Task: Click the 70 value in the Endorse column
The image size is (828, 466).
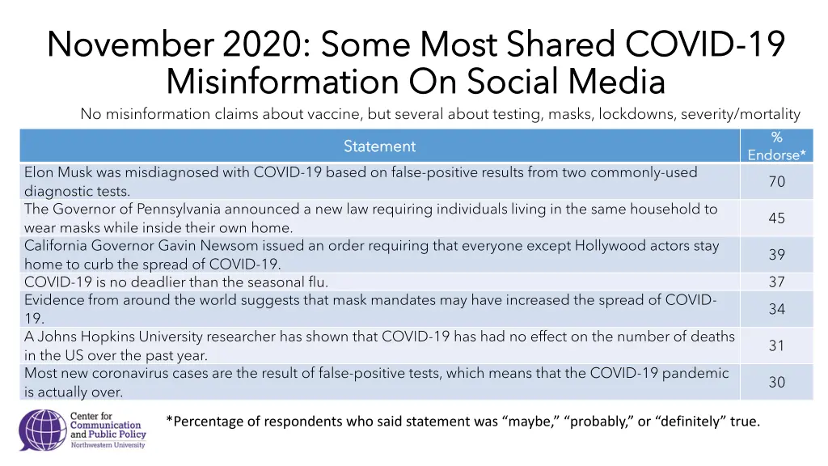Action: pos(776,182)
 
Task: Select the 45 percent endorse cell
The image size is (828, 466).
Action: pos(776,218)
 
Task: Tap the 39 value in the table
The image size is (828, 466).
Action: pos(776,255)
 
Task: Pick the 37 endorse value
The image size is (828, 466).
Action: pos(776,282)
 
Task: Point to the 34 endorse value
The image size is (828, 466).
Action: pos(776,309)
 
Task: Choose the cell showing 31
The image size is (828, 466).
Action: pos(776,345)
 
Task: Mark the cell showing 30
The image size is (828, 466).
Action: pos(776,382)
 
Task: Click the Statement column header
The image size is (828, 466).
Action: pos(379,146)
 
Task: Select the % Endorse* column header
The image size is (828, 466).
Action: pos(776,146)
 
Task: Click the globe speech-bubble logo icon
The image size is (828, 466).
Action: pos(42,430)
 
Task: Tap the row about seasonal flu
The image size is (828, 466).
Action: pos(176,282)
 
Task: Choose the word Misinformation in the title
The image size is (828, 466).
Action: pos(282,82)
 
